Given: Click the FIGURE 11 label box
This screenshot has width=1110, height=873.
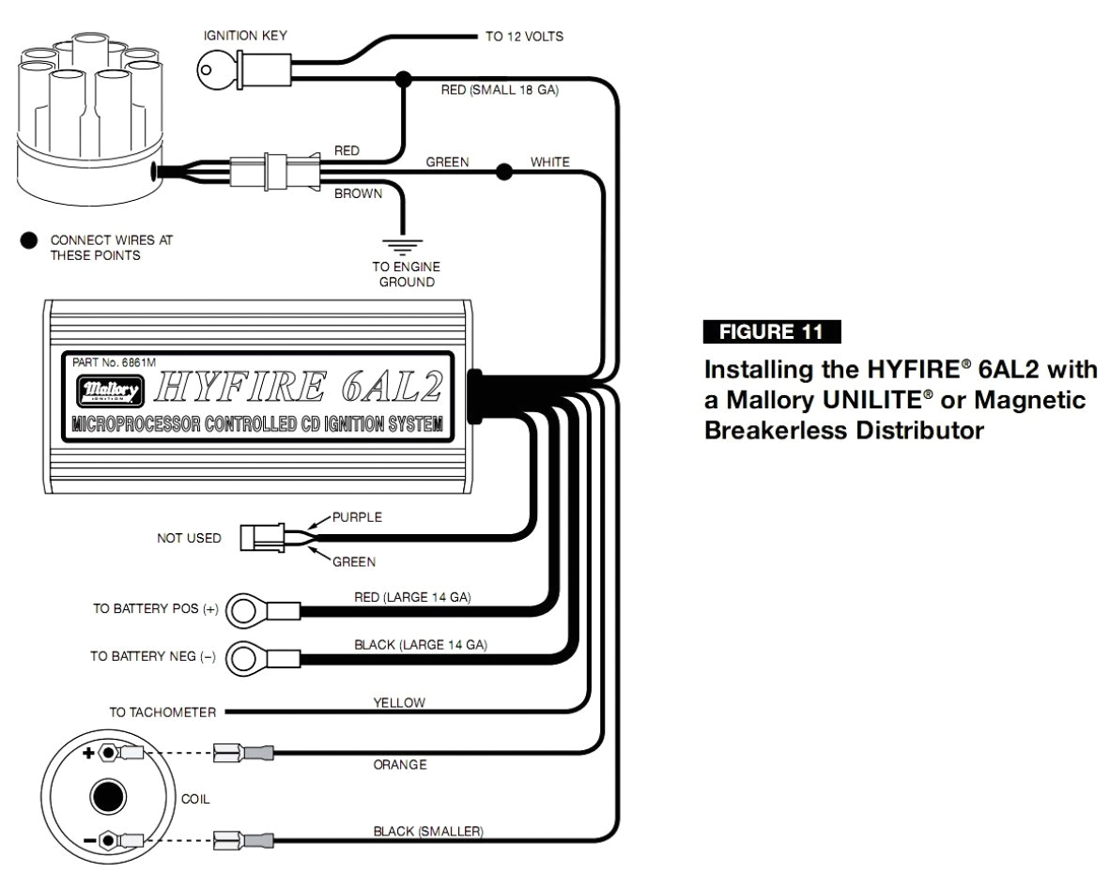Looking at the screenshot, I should click(x=771, y=331).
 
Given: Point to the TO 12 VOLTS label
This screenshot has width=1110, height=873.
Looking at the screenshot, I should click(x=524, y=38).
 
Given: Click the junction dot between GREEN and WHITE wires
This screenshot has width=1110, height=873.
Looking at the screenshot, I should click(x=504, y=172).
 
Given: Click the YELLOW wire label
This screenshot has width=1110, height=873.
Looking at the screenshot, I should click(x=400, y=702).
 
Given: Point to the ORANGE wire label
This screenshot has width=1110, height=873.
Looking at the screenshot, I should click(x=400, y=765).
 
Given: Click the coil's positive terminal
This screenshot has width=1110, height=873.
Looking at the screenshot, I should click(x=108, y=753).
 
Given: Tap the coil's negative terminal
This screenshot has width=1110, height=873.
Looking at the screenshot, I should click(x=108, y=840).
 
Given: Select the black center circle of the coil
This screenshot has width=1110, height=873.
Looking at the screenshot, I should click(x=108, y=797).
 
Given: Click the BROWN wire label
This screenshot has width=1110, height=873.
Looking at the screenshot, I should click(x=359, y=194).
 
